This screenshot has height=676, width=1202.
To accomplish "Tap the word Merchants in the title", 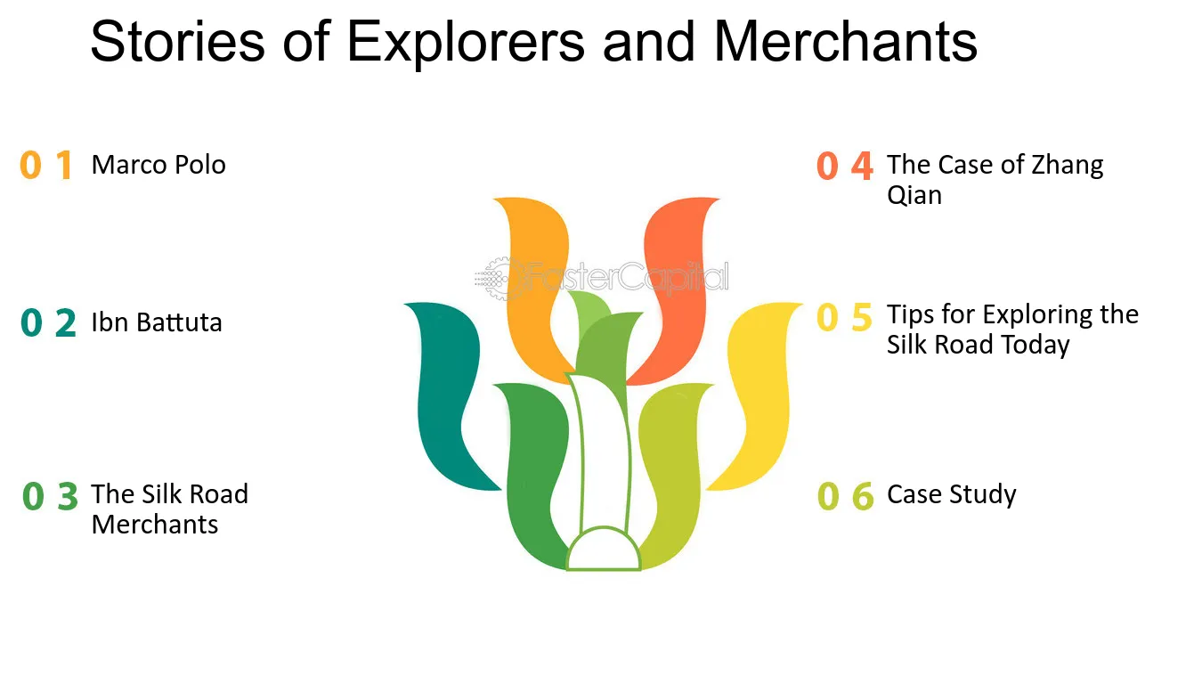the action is (846, 41).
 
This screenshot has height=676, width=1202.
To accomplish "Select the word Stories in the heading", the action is (177, 41).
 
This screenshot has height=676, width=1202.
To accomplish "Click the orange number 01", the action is (46, 165).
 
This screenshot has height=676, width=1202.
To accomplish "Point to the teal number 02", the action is (48, 322).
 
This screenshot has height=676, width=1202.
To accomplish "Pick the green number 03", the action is (50, 495).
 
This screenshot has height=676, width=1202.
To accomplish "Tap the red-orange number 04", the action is (845, 166).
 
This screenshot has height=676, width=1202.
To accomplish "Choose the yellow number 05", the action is (844, 317).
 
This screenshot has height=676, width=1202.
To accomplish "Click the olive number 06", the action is (846, 495).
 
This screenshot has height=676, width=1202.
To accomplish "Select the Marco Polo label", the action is (158, 164).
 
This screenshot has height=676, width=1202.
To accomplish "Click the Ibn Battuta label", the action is (157, 322).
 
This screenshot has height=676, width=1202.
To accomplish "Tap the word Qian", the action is (914, 195).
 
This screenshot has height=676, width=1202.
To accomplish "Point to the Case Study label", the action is (952, 494).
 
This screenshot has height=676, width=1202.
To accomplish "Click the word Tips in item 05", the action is (910, 315).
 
